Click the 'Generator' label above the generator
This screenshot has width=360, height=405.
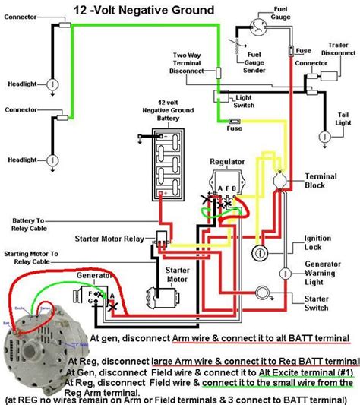coord(90,279)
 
